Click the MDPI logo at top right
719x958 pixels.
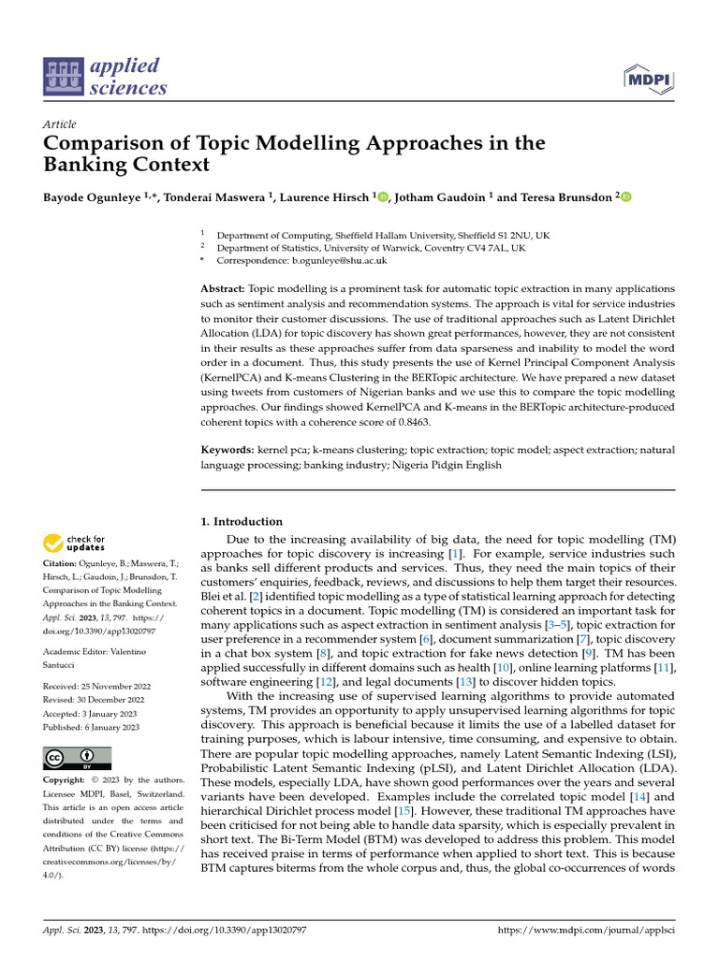click(x=649, y=81)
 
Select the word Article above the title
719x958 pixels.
click(x=59, y=124)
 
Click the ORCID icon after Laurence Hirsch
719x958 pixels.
click(x=382, y=197)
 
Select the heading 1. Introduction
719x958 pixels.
click(x=242, y=521)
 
